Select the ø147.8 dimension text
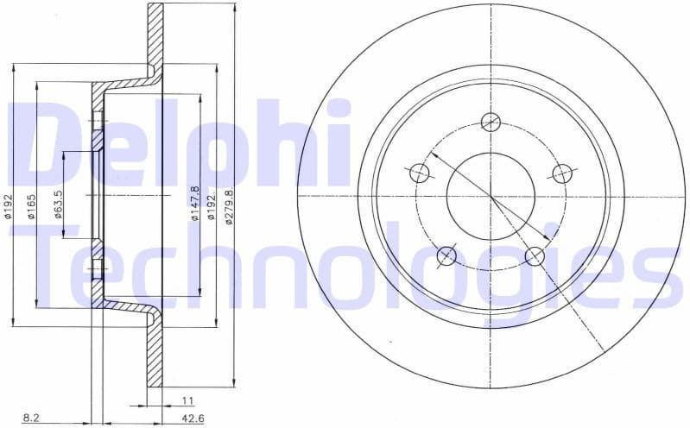point(195,205)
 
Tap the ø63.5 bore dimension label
point(58,205)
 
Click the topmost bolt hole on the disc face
point(491,121)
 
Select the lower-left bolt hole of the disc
point(446,255)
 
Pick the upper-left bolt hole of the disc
point(420,173)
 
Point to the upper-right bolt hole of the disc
point(562,173)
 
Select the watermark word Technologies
point(345,267)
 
